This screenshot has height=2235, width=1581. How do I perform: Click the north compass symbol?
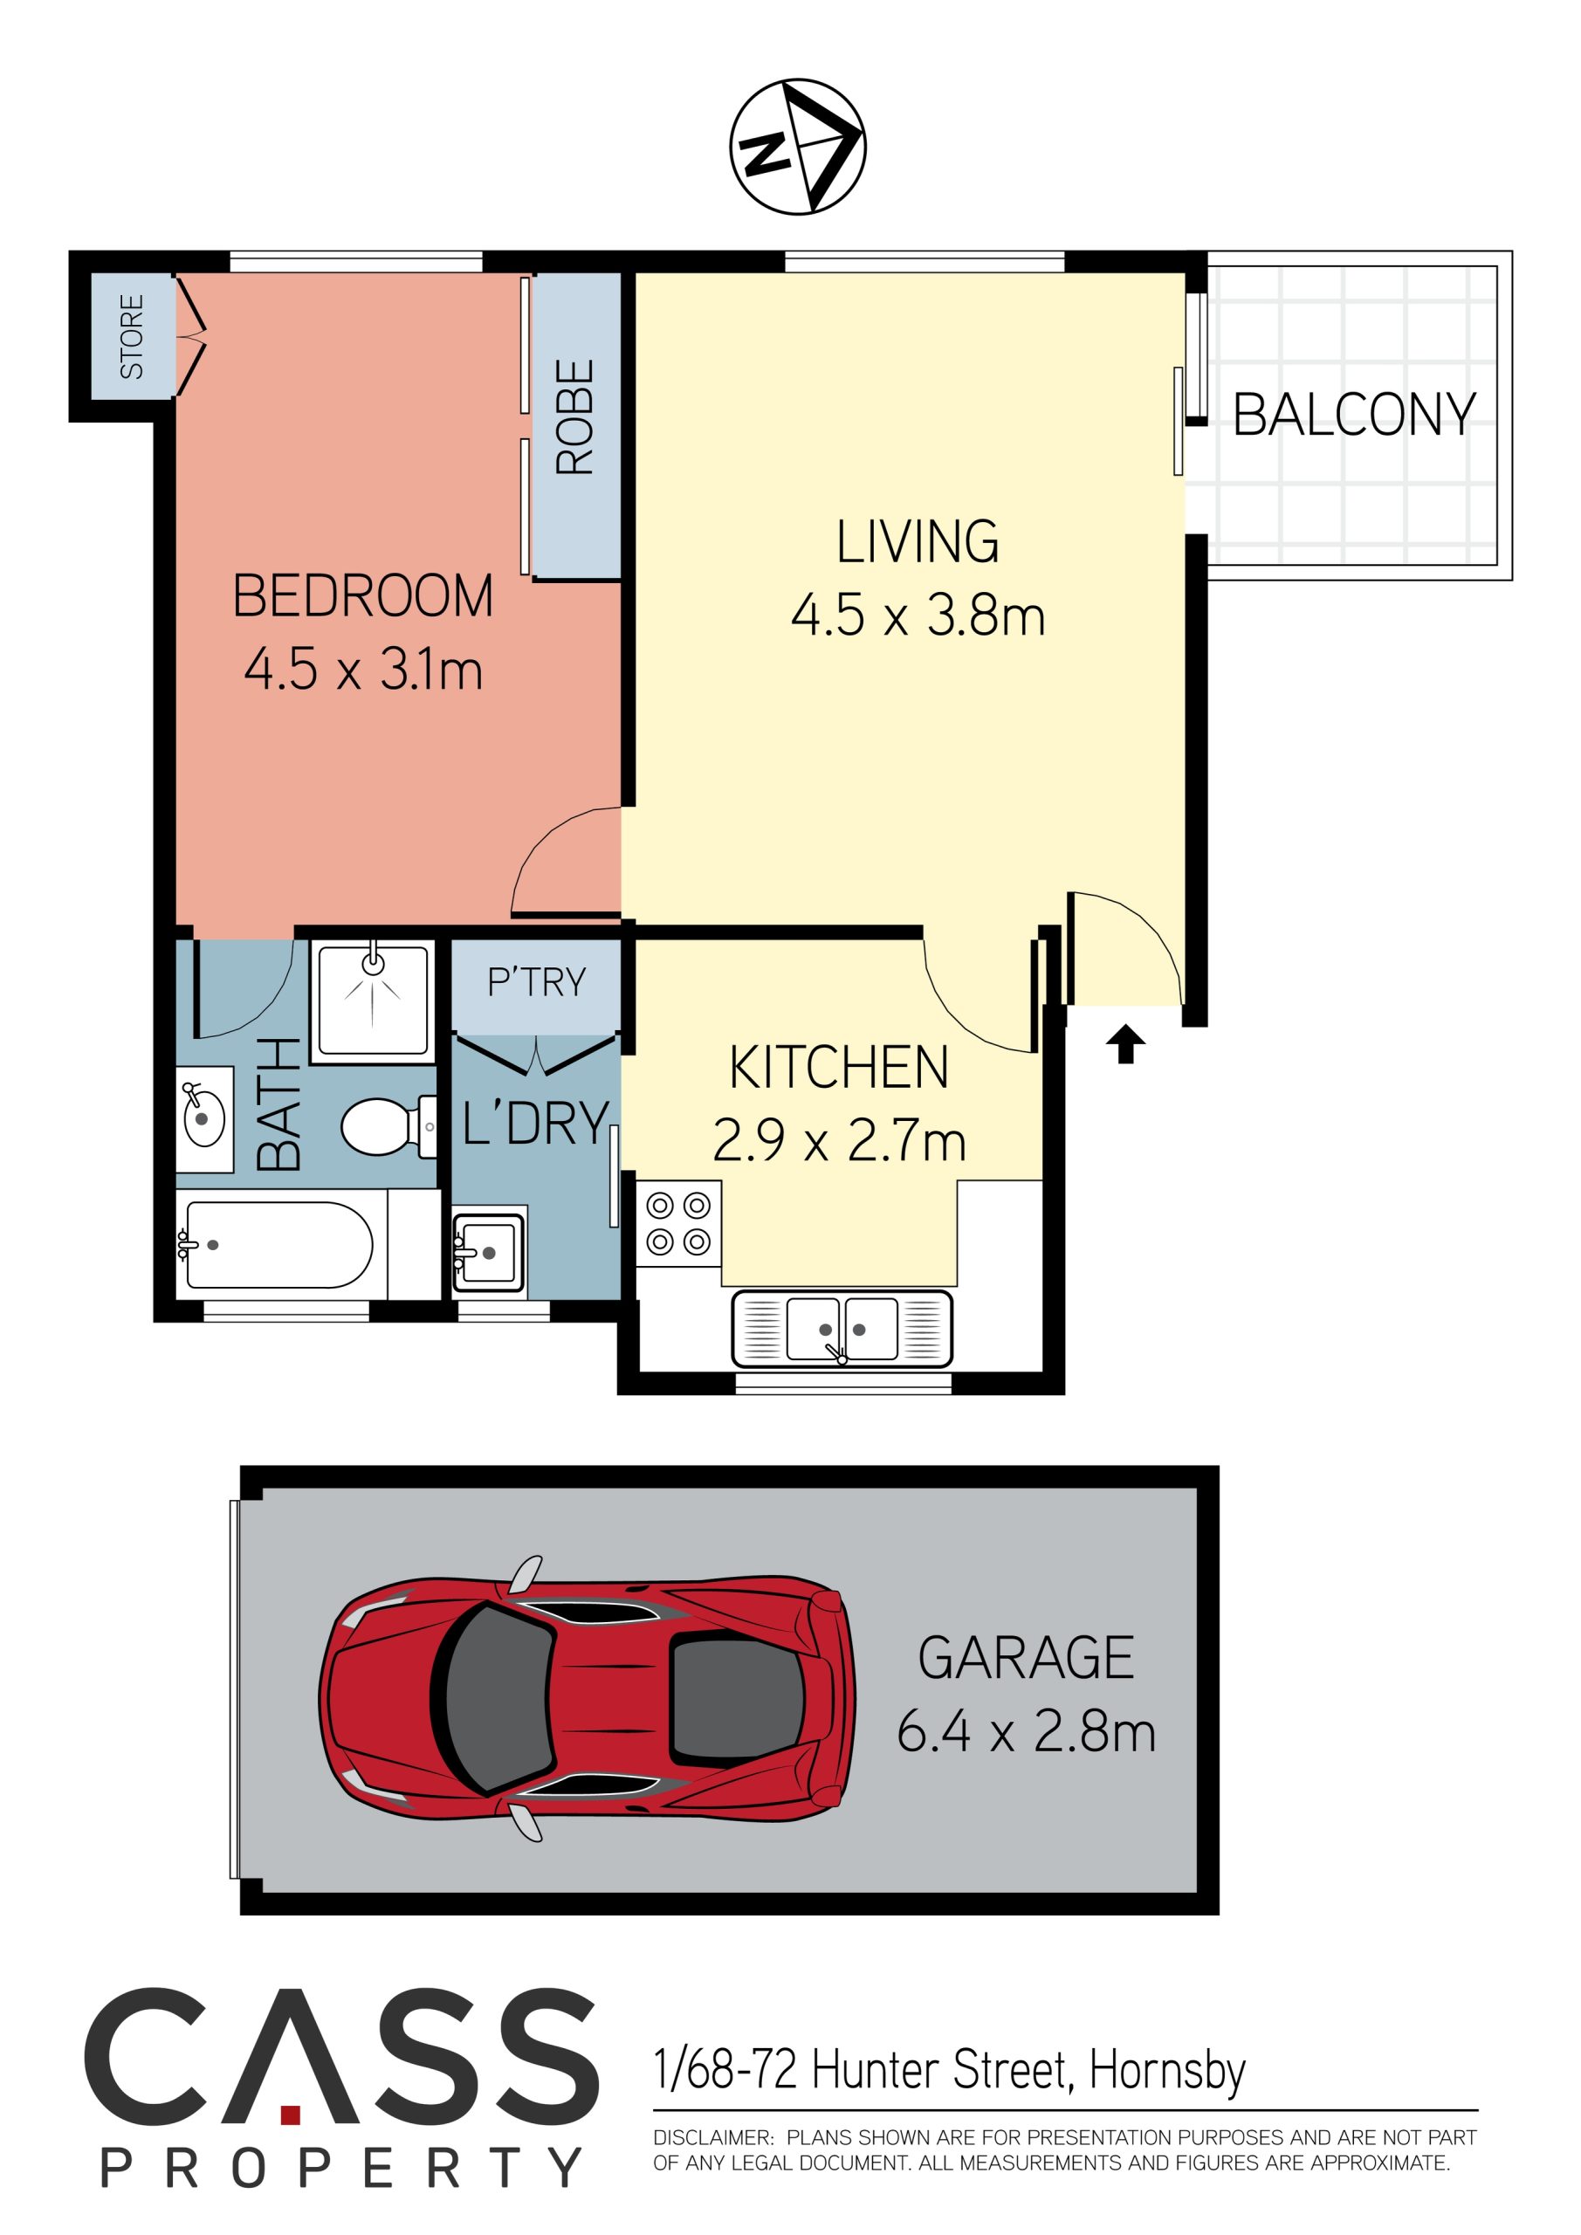(797, 146)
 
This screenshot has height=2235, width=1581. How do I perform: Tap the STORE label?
(132, 336)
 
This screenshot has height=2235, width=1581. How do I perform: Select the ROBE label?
(574, 416)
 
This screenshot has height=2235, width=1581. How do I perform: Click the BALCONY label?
(1354, 415)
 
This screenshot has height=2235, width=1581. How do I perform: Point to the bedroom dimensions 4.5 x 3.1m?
(363, 670)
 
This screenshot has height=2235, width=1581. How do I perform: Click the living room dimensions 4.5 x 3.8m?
(918, 615)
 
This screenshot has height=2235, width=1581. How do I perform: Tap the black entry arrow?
(1125, 1044)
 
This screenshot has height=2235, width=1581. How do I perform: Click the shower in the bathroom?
(373, 1000)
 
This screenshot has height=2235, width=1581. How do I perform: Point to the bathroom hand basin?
(204, 1119)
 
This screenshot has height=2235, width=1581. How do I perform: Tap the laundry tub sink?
(489, 1252)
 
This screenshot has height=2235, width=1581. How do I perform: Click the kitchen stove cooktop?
(678, 1224)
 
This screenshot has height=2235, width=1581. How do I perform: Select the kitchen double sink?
(842, 1329)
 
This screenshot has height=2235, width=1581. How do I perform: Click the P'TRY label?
(536, 982)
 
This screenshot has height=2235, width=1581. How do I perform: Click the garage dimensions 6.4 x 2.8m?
(1026, 1733)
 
